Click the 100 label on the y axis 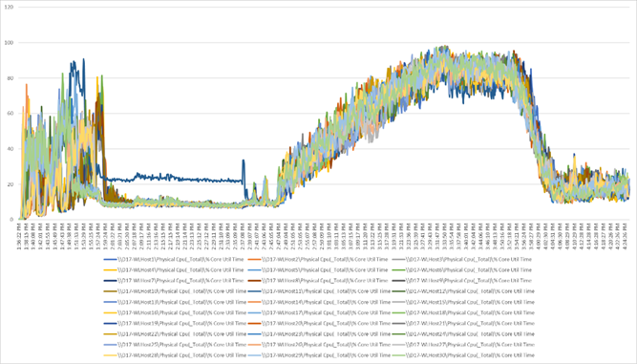coord(10,43)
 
